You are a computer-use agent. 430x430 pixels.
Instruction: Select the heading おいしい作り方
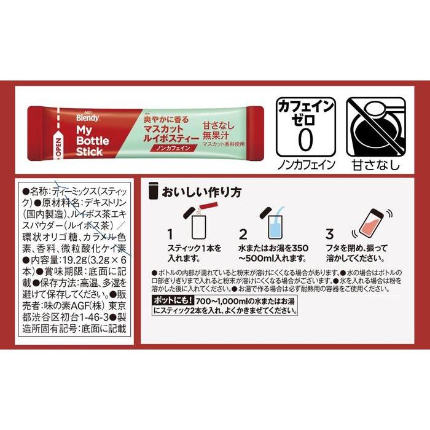[197, 192]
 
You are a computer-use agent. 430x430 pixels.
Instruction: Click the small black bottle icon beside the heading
[153, 191]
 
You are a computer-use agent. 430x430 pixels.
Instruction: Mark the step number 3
[330, 234]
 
